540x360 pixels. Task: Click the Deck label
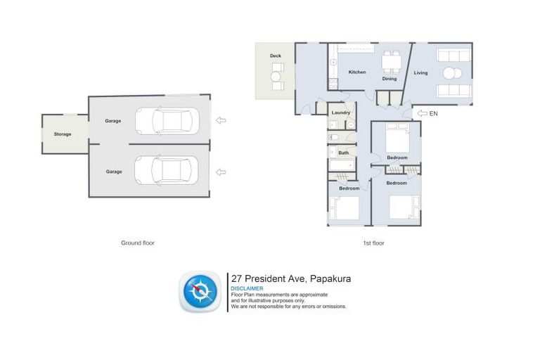(x=276, y=55)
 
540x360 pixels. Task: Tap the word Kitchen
(x=357, y=72)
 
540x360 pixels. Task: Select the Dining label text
(x=390, y=79)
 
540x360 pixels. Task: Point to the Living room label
(x=420, y=72)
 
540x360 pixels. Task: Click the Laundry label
(x=341, y=112)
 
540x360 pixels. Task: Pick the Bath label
(x=343, y=153)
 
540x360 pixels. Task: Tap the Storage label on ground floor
(x=63, y=134)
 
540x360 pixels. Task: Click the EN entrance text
(x=434, y=113)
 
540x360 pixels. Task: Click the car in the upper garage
(x=167, y=120)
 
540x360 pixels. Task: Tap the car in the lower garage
(x=167, y=169)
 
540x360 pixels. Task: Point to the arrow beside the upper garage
(x=221, y=120)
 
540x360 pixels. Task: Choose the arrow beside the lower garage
(x=221, y=171)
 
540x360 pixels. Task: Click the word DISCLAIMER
(x=247, y=288)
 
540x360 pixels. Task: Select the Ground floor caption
(x=138, y=243)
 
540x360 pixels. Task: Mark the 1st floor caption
(x=374, y=243)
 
